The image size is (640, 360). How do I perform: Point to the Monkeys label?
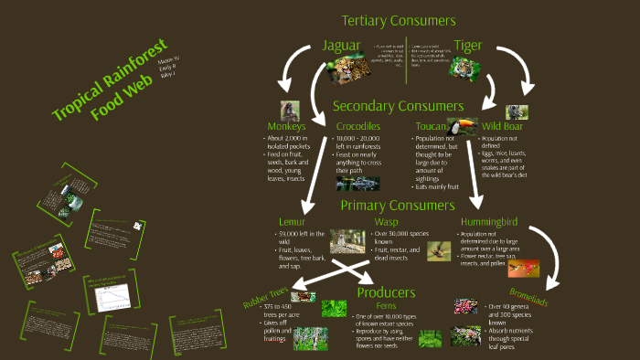point(284,126)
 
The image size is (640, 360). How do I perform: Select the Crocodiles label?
point(357,126)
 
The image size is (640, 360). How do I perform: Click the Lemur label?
point(292,221)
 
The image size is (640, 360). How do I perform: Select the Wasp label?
point(386,221)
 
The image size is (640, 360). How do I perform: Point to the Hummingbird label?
point(490,221)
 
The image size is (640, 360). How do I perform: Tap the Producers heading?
point(387,293)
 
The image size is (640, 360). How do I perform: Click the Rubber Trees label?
point(267,299)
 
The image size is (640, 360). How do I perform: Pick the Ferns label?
point(386,307)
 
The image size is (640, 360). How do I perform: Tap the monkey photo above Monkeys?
point(291,111)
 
